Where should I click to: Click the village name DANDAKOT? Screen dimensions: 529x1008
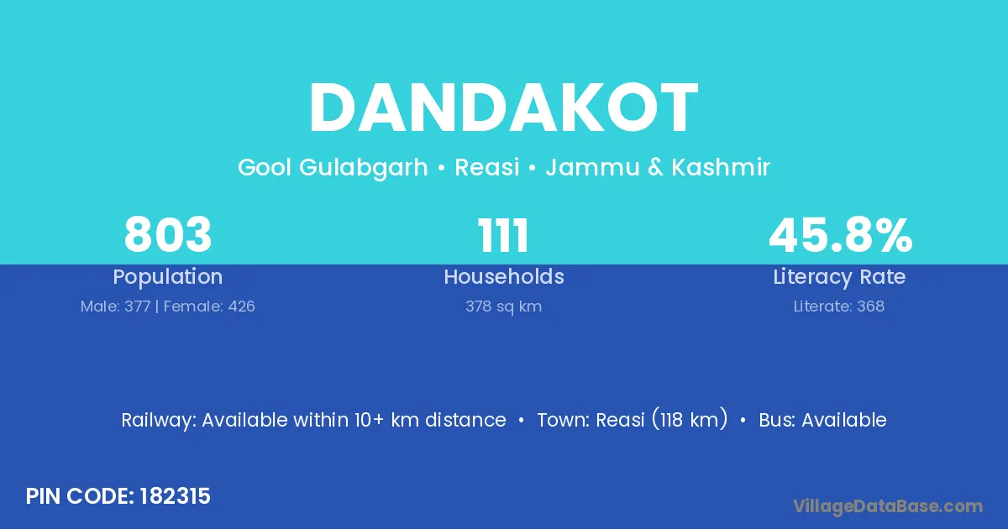pyautogui.click(x=504, y=109)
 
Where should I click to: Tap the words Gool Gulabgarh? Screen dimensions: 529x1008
pyautogui.click(x=333, y=168)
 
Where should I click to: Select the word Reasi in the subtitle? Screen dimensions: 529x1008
pyautogui.click(x=486, y=168)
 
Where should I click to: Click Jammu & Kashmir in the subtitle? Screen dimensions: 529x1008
pyautogui.click(x=658, y=168)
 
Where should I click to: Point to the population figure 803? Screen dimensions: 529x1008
pyautogui.click(x=168, y=235)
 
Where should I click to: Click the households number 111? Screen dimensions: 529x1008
pyautogui.click(x=504, y=235)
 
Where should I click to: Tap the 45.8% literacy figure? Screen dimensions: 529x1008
pyautogui.click(x=840, y=235)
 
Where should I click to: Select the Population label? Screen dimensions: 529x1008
pyautogui.click(x=168, y=277)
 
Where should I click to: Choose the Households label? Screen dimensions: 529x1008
pyautogui.click(x=504, y=277)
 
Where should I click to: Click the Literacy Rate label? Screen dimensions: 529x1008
pyautogui.click(x=840, y=277)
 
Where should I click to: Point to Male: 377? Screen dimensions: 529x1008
pyautogui.click(x=115, y=306)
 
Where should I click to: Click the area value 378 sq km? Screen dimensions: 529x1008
pyautogui.click(x=504, y=306)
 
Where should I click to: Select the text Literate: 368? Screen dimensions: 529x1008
pyautogui.click(x=840, y=306)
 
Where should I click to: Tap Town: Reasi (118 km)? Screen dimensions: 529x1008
pyautogui.click(x=632, y=420)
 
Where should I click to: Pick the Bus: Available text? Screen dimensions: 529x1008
pyautogui.click(x=822, y=420)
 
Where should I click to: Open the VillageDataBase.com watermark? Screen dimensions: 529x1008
pyautogui.click(x=888, y=506)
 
